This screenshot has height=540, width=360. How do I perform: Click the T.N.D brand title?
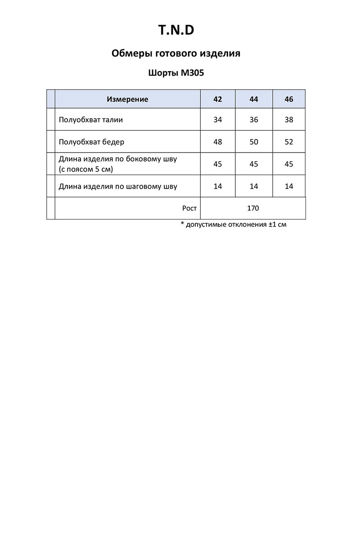coord(176,30)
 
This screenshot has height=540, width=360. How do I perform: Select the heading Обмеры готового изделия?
coord(175,54)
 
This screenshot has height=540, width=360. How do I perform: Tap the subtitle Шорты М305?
coord(176,73)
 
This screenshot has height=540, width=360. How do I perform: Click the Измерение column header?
coord(127,99)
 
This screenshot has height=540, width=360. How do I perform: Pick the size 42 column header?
coord(218,99)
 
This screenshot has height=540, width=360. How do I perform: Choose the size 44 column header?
coord(254,99)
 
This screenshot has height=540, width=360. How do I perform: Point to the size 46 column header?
coord(289,99)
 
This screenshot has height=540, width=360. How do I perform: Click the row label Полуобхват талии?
coord(90,120)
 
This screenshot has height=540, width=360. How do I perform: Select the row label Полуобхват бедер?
coord(91,142)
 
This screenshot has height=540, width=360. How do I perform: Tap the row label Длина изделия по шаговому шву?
coord(118,186)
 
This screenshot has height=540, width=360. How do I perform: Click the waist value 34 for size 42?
coord(218,120)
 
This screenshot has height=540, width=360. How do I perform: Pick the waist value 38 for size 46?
coord(289,120)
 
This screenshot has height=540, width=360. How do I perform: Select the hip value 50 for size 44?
coord(254,142)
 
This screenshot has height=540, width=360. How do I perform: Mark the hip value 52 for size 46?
coord(289,142)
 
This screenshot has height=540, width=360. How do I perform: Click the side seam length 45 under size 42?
coord(218,164)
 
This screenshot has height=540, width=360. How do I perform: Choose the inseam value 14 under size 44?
coord(254,186)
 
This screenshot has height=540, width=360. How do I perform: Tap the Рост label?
coord(189,208)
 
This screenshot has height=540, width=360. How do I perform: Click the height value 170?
coord(253,208)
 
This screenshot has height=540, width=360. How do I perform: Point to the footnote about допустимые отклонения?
coord(233,224)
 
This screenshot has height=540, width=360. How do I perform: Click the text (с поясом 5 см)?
coord(85,169)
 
